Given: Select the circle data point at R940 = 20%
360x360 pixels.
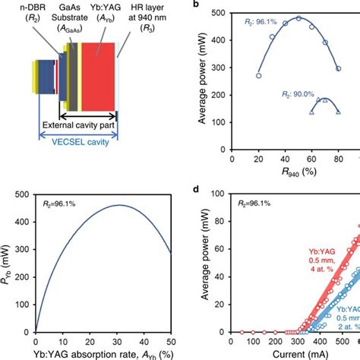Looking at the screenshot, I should (x=259, y=75).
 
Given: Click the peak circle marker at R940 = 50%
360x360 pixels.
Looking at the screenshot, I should (x=298, y=17).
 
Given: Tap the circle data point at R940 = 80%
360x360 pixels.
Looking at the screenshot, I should (x=339, y=68).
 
